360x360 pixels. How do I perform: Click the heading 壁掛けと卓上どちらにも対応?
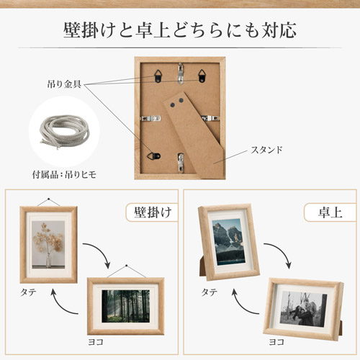(x=179, y=31)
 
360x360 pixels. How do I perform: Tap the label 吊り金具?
(x=64, y=85)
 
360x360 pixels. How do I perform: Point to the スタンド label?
(x=266, y=150)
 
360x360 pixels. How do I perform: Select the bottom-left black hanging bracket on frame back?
(x=153, y=153)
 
